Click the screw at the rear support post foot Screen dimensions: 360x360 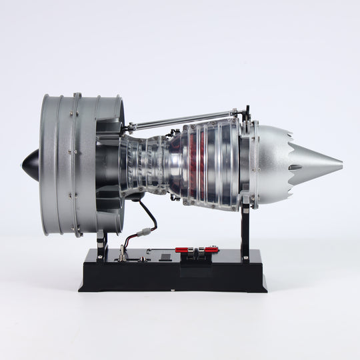[245, 257]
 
